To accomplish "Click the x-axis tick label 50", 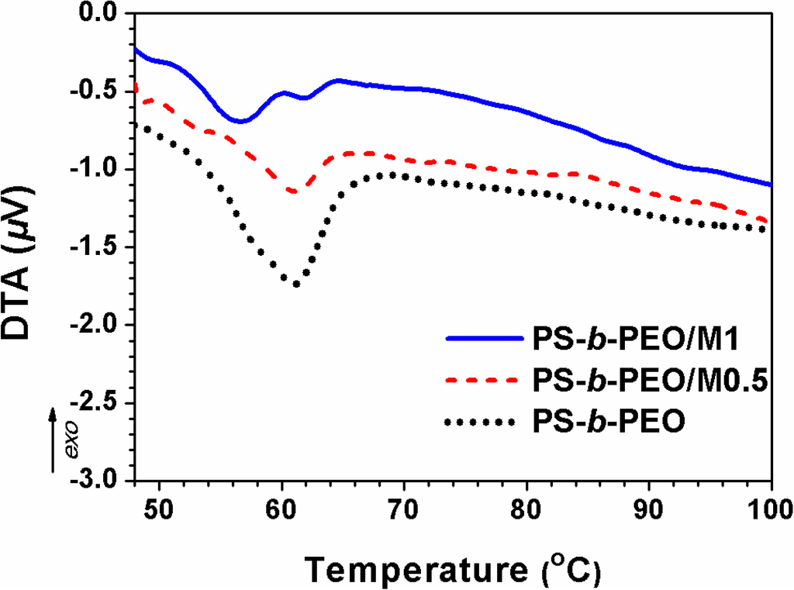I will coord(159,509).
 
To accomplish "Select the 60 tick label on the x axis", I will coord(281,509).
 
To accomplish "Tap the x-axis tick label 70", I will coord(404,509).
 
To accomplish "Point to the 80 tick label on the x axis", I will coord(526,509).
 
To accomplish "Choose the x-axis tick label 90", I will coord(649,509).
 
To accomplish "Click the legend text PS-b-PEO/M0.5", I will coord(650,381).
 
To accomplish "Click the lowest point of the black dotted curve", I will coord(296,285).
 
